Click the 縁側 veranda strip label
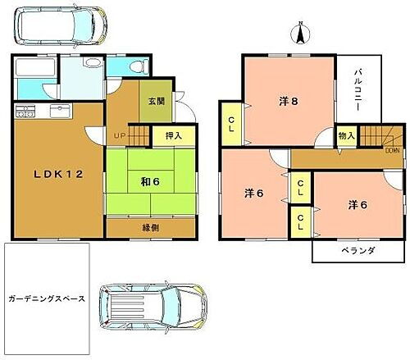pos(149,227)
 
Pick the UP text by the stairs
pos(119,135)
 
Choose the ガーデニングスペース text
pos(44,299)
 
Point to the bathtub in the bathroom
pos(35,68)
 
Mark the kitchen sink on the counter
pos(60,110)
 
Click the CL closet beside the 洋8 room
pos(230,125)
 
